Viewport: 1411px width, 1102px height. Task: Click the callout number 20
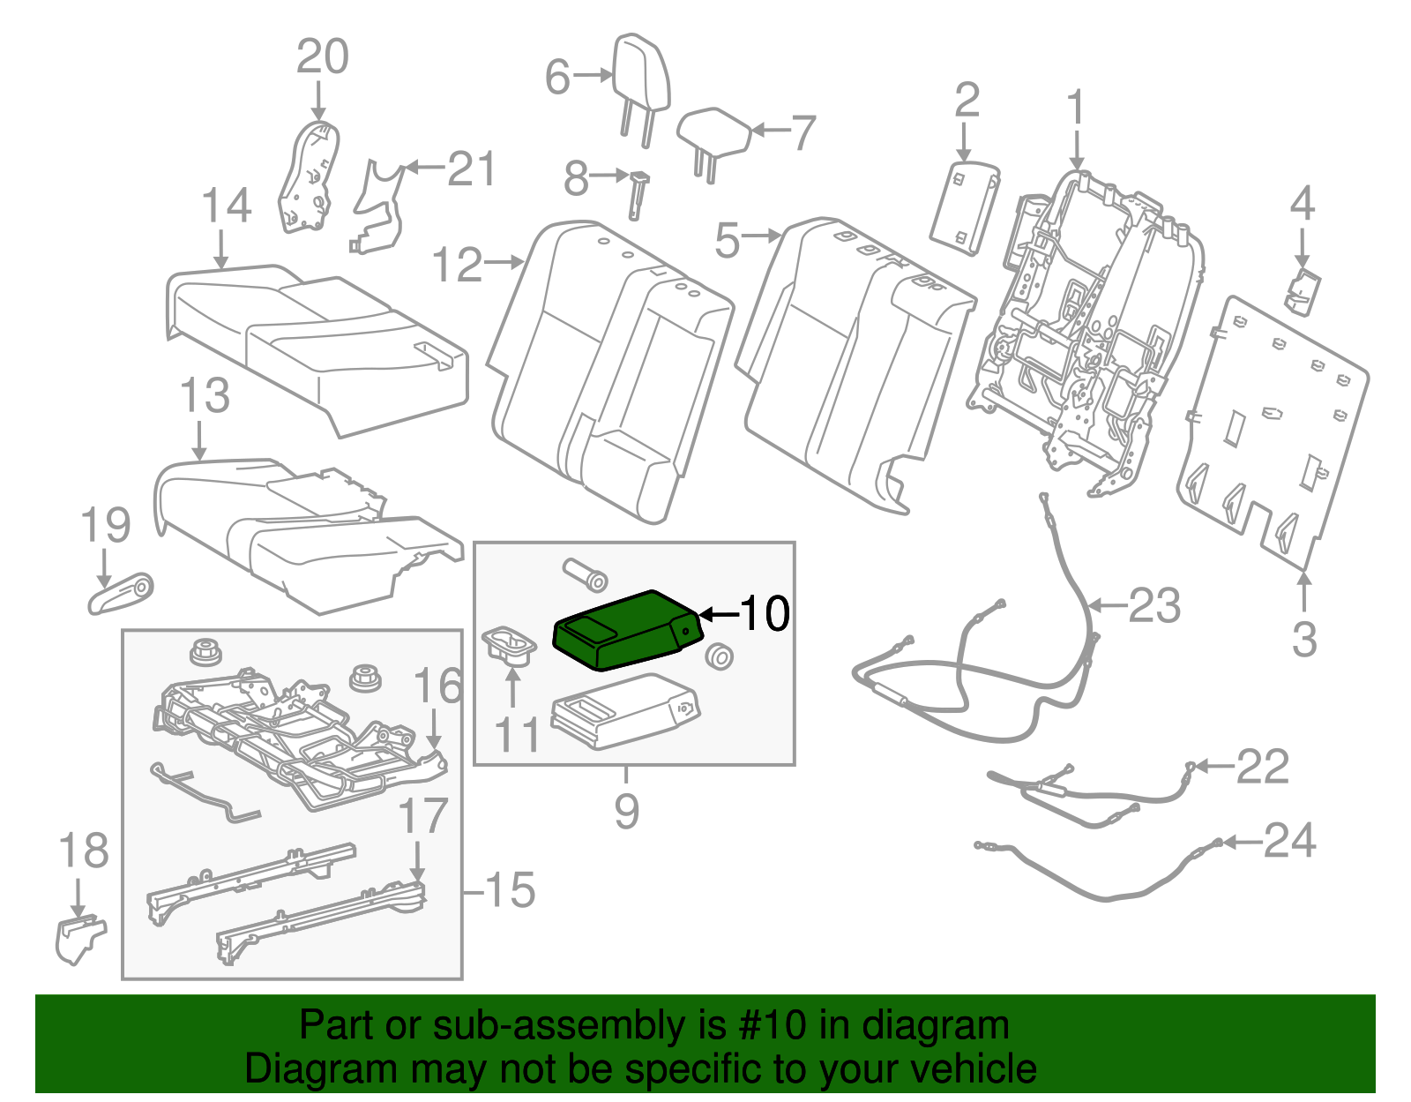(322, 57)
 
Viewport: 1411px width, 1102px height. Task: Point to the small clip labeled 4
(1302, 291)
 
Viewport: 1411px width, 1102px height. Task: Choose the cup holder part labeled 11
(510, 647)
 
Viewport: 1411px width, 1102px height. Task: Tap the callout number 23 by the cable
(1154, 606)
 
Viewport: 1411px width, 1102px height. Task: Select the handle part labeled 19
(121, 595)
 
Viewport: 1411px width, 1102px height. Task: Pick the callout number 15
(510, 890)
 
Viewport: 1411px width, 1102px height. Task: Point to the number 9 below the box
(626, 810)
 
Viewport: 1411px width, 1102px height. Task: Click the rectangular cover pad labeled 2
(964, 207)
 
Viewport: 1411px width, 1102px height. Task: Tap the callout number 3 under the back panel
(1303, 639)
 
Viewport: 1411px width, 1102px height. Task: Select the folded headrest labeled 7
(713, 134)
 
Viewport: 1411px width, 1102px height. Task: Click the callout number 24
(1289, 841)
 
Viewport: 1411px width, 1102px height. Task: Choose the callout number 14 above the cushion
(227, 206)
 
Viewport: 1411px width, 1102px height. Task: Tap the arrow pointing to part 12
(506, 262)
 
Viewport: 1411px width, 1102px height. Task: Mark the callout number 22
(1262, 766)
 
